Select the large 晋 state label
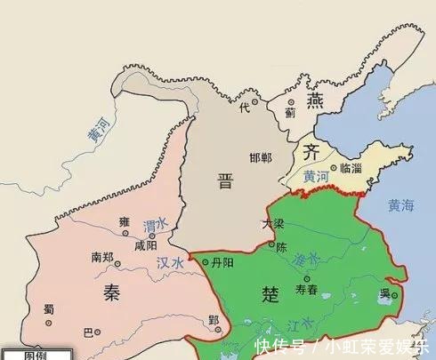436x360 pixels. [225, 181]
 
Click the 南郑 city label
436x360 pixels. [102, 257]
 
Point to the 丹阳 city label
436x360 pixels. [220, 263]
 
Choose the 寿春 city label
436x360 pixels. [307, 289]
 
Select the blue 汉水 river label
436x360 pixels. [169, 263]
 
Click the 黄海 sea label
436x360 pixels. [401, 206]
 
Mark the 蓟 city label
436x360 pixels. [290, 113]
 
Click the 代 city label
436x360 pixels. [244, 107]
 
